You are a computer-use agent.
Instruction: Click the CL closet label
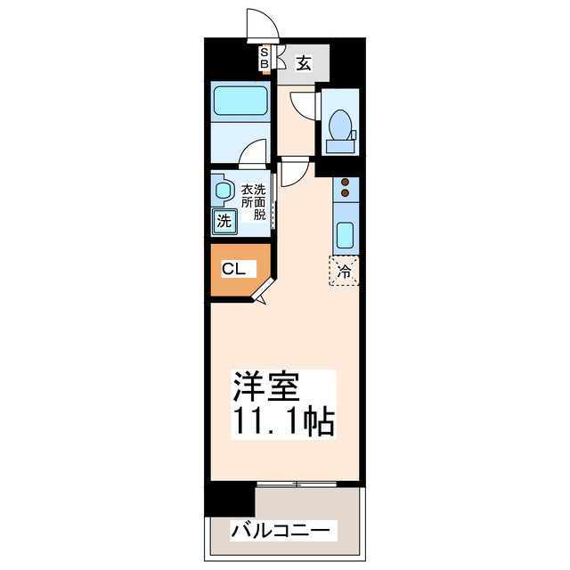tap(234, 268)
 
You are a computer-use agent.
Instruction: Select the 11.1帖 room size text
tap(282, 421)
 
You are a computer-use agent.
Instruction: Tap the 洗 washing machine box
tap(224, 221)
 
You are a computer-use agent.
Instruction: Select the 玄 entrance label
tap(304, 63)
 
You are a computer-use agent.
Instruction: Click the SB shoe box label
tap(265, 59)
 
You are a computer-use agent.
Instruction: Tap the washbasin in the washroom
tap(222, 190)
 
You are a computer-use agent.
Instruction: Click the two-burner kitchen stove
tap(344, 188)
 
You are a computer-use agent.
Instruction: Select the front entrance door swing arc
tap(260, 25)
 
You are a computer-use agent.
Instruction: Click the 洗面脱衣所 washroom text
tap(253, 201)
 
